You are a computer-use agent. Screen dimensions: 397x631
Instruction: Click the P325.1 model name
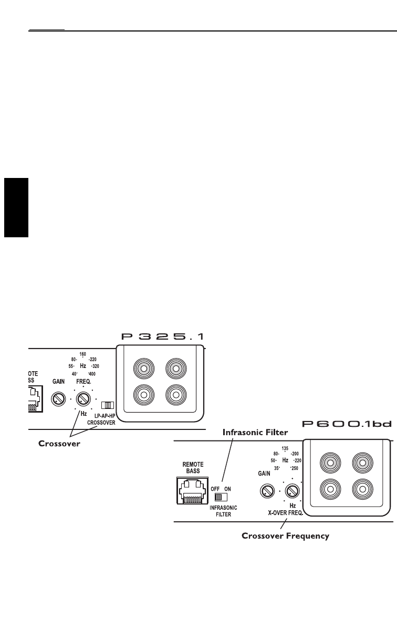pyautogui.click(x=162, y=337)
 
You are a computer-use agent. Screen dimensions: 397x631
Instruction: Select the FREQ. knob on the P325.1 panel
pyautogui.click(x=83, y=398)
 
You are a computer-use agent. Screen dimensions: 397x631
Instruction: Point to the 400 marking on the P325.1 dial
pyautogui.click(x=93, y=374)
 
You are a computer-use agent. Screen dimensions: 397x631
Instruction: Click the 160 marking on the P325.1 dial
pyautogui.click(x=82, y=354)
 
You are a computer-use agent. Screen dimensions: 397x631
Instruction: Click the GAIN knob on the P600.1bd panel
pyautogui.click(x=268, y=491)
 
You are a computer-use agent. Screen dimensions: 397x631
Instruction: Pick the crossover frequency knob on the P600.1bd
pyautogui.click(x=292, y=491)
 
